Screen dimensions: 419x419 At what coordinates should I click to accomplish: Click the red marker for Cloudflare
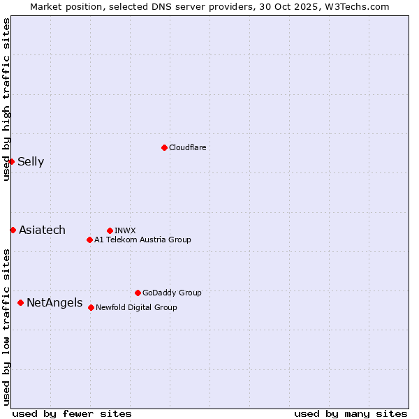pyautogui.click(x=164, y=147)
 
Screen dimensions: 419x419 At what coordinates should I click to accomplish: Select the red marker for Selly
pyautogui.click(x=11, y=161)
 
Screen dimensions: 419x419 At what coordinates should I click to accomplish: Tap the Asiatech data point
pyautogui.click(x=13, y=230)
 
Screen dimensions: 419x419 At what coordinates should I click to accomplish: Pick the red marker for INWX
pyautogui.click(x=110, y=230)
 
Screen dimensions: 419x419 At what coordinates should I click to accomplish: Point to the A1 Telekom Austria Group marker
pyautogui.click(x=89, y=240)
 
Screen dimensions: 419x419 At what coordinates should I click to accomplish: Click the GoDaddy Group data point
pyautogui.click(x=138, y=293)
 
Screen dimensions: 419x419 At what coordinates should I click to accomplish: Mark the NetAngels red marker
pyautogui.click(x=20, y=302)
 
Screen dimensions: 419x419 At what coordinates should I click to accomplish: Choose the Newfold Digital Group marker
pyautogui.click(x=91, y=307)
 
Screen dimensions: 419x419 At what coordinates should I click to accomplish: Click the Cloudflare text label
pyautogui.click(x=188, y=147)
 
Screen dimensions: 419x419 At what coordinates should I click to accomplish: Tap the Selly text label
pyautogui.click(x=31, y=162)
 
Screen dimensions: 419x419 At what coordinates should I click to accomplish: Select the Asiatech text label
pyautogui.click(x=42, y=230)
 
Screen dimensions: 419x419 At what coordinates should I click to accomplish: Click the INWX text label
pyautogui.click(x=125, y=230)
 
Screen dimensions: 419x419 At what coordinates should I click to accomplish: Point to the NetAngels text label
pyautogui.click(x=54, y=303)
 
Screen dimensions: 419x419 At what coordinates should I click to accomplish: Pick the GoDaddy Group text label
pyautogui.click(x=172, y=293)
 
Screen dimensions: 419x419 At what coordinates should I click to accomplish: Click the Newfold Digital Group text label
pyautogui.click(x=136, y=307)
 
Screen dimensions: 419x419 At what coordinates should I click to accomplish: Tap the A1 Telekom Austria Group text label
pyautogui.click(x=142, y=240)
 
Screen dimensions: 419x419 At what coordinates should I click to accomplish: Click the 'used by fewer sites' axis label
pyautogui.click(x=72, y=413)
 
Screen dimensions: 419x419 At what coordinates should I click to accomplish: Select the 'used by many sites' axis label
pyautogui.click(x=351, y=413)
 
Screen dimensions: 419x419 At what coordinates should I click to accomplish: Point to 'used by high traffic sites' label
pyautogui.click(x=6, y=99)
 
